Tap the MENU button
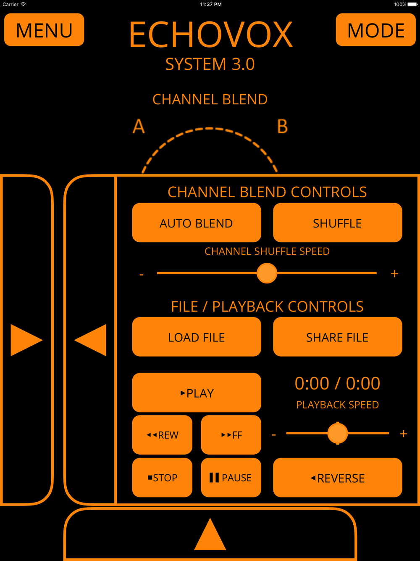44,30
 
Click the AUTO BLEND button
196,223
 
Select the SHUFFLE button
337,223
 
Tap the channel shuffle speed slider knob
267,273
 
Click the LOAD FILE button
196,337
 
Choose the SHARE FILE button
337,337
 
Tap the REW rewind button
162,435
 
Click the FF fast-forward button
231,435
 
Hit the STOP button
162,478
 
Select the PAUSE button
231,478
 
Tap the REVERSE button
337,478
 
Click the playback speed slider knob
337,433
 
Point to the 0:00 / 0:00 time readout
337,384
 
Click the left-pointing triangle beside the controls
91,340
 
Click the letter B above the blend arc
282,127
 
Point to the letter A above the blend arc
139,127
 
